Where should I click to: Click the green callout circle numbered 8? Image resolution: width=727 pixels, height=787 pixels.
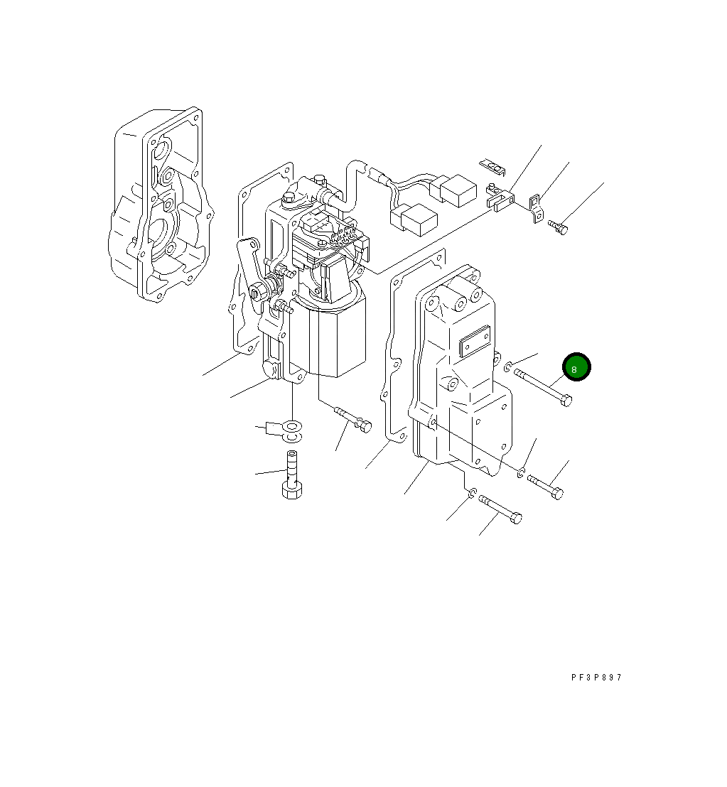click(576, 367)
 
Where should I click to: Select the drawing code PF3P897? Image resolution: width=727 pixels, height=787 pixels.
click(596, 677)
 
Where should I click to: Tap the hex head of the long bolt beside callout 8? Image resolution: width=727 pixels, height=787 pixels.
click(566, 401)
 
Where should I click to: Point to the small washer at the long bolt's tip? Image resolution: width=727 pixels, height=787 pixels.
click(507, 367)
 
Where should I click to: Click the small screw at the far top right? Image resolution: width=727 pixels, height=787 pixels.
click(558, 227)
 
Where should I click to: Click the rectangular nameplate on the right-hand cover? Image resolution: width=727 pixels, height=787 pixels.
click(474, 341)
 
